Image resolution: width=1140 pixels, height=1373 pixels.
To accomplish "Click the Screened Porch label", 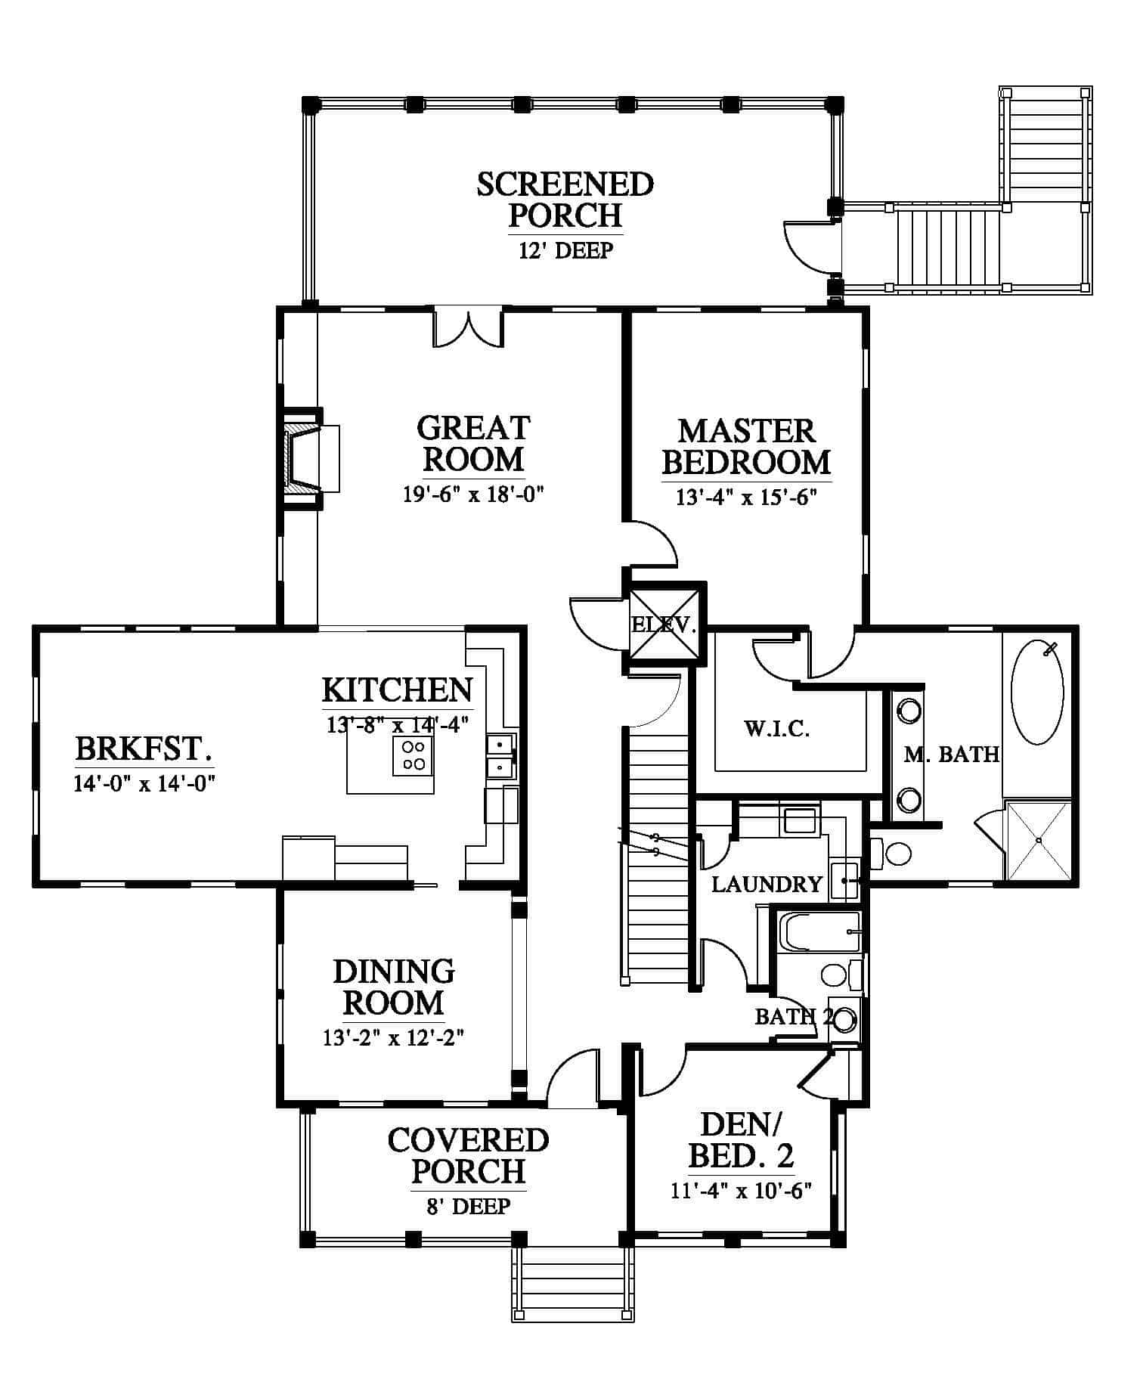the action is click(x=565, y=200).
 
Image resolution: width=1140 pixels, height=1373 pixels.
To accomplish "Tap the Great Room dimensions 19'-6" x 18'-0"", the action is click(x=474, y=494).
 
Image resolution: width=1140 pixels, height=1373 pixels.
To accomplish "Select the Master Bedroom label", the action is click(x=747, y=446).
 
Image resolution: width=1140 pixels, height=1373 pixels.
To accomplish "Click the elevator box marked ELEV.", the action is click(x=664, y=625).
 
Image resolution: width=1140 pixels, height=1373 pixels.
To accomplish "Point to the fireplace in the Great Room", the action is click(x=310, y=460).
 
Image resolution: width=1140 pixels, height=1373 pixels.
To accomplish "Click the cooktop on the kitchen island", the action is click(x=413, y=755).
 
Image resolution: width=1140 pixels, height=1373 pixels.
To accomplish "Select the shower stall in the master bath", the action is click(x=1039, y=841).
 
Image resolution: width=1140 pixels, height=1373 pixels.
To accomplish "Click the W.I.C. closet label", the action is click(x=777, y=729).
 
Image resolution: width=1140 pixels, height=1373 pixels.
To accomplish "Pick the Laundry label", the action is click(x=767, y=884).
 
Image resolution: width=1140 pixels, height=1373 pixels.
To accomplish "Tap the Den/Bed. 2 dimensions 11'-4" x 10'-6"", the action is click(x=741, y=1191).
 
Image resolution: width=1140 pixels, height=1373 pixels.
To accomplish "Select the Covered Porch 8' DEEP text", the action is click(x=469, y=1205).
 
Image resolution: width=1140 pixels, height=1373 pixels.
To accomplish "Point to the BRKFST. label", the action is click(x=144, y=748).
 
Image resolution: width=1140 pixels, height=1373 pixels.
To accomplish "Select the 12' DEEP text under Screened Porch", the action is click(x=565, y=250).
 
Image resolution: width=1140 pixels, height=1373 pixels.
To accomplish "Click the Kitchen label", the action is click(x=398, y=690).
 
